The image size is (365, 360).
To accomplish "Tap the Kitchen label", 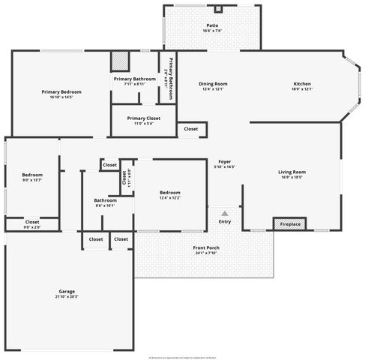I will (x=302, y=83).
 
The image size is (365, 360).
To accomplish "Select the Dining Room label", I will (x=213, y=83).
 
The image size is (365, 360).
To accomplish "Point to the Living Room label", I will (x=292, y=172).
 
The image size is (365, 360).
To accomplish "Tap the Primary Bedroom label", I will (x=61, y=91).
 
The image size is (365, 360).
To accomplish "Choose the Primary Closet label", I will (x=143, y=118).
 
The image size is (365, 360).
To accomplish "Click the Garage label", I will (x=67, y=291).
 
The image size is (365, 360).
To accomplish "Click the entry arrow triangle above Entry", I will (x=225, y=214).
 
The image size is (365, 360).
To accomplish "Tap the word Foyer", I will (x=224, y=162).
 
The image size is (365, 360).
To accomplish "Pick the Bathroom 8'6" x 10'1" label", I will (x=105, y=200).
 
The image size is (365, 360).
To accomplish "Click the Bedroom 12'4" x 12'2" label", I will (x=170, y=193).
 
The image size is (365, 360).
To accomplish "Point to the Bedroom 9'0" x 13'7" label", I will (x=31, y=175).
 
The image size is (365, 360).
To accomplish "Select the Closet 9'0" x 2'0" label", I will (x=32, y=222).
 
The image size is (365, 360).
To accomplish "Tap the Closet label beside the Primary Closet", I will (x=191, y=129).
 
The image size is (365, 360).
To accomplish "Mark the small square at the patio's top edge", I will (x=218, y=10).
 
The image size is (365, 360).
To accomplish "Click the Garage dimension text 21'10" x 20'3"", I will (x=67, y=297).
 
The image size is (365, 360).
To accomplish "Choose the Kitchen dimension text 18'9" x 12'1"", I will (x=302, y=89).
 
